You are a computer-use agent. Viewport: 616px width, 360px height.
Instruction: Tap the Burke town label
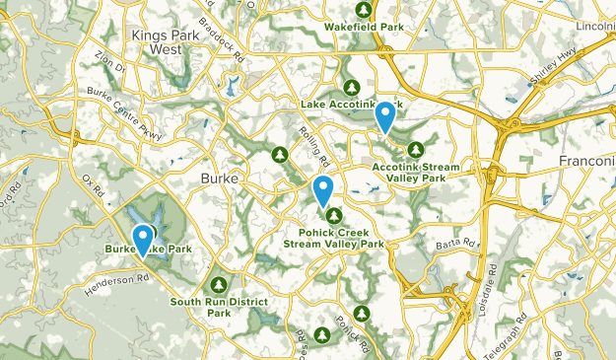click(x=219, y=180)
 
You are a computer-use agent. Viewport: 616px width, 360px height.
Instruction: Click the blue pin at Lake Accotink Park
click(x=386, y=118)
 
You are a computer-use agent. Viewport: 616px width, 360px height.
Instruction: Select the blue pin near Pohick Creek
click(x=322, y=190)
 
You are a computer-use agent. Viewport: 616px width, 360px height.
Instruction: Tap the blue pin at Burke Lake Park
click(x=144, y=241)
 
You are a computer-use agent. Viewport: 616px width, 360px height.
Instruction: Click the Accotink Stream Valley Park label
click(x=415, y=172)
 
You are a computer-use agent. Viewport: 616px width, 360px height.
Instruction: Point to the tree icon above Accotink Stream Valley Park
click(x=416, y=149)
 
